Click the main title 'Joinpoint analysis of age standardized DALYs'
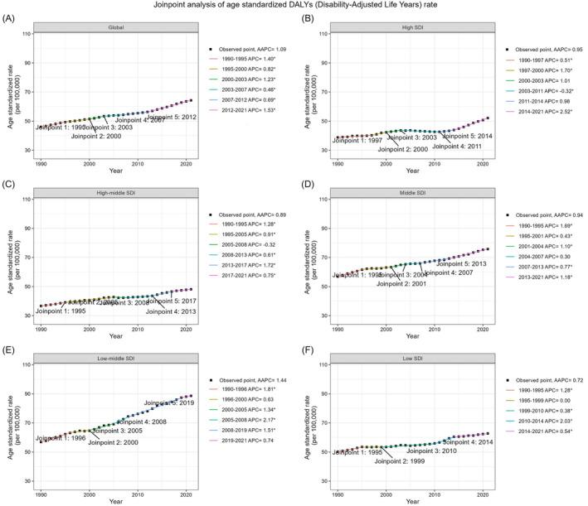pyautogui.click(x=294, y=5)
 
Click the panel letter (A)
pyautogui.click(x=12, y=17)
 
